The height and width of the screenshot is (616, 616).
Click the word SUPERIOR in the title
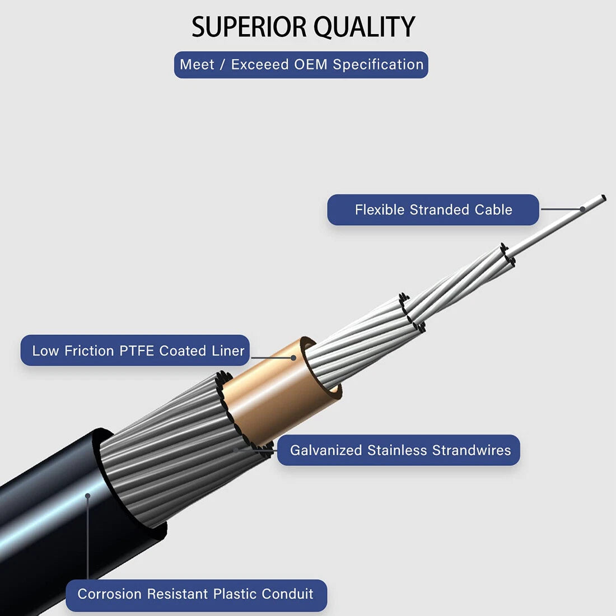coord(249,27)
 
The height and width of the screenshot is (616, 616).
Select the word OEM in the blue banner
coord(310,64)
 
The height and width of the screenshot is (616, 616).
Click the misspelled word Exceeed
coord(260,64)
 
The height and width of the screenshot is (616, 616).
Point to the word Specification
coord(378,65)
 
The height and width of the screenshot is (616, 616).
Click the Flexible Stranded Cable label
coord(433,210)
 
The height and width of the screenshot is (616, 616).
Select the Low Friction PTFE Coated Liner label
coord(135,351)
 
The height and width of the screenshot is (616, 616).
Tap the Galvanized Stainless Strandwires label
coord(398,450)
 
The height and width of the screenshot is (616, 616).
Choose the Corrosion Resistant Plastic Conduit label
coord(196,595)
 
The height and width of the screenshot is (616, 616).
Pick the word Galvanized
coord(326,450)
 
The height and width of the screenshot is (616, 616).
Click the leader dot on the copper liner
coord(293,358)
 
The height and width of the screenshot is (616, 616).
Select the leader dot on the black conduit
coord(87,496)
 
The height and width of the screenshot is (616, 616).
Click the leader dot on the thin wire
coord(582,209)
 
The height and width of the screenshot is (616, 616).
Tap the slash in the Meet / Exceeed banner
coord(222,64)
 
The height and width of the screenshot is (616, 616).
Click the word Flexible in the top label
coord(380,210)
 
